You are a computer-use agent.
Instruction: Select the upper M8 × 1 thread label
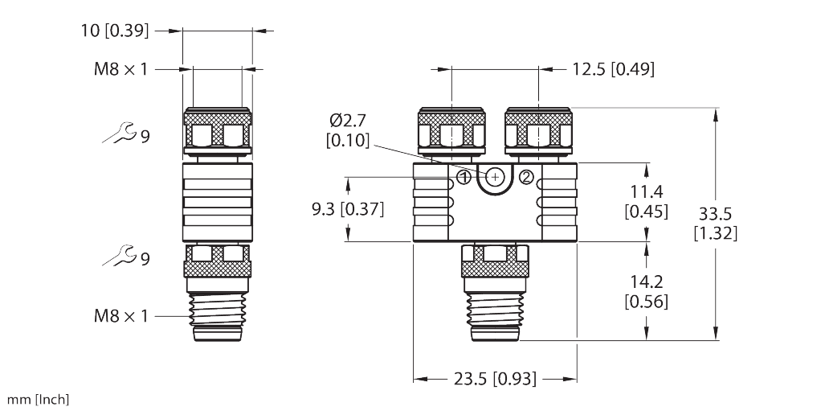tap(120, 69)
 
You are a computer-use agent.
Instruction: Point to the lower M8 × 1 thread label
tap(120, 316)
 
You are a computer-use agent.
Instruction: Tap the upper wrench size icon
tap(117, 134)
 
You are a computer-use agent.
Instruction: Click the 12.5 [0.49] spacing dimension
tap(612, 70)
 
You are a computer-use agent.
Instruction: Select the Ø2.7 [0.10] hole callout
tap(348, 131)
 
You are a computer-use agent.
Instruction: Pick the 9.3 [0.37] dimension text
tap(348, 210)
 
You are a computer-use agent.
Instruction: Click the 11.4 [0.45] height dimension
tap(646, 201)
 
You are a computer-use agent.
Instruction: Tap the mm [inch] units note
tap(38, 400)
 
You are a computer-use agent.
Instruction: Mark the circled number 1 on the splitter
tap(464, 176)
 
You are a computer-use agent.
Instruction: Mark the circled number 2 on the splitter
tap(526, 176)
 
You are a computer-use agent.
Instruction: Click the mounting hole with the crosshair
tap(496, 176)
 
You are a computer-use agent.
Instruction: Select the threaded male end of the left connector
tap(218, 318)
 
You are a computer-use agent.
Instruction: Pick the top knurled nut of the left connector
tap(218, 129)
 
